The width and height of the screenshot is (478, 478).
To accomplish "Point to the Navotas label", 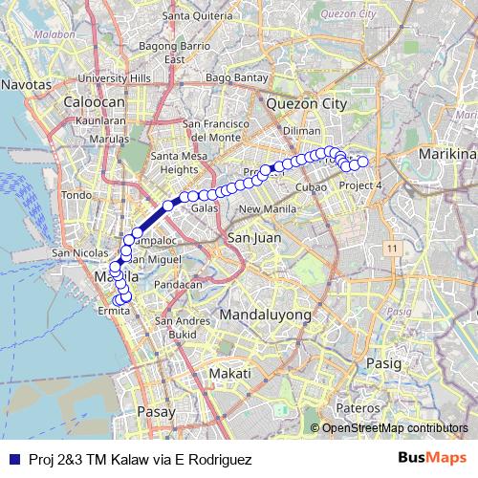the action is [27, 84].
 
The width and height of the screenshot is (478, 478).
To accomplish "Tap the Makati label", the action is [231, 372].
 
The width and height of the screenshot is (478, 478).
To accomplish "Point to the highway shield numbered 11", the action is [392, 248].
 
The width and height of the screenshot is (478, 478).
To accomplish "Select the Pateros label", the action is [358, 407].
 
